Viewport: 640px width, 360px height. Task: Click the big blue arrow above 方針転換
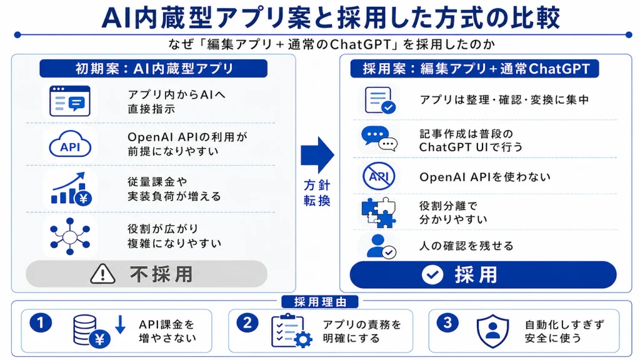tap(317, 156)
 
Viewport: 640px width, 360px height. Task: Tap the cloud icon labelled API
tap(70, 144)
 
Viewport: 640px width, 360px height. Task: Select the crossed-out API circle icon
tap(379, 176)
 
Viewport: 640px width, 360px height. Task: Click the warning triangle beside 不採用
tap(102, 274)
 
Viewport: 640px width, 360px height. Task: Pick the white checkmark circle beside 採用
tap(432, 275)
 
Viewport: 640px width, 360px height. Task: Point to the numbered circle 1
tap(41, 323)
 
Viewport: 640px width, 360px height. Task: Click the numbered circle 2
tap(247, 323)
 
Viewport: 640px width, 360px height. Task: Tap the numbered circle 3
tap(447, 323)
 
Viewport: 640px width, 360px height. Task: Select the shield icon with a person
tap(492, 331)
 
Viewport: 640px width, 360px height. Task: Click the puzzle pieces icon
tap(379, 212)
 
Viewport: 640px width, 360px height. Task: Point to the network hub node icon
tap(70, 236)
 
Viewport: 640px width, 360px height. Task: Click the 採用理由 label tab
tap(320, 302)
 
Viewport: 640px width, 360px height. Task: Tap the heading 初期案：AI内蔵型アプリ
tap(154, 69)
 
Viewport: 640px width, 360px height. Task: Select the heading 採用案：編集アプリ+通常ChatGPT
tap(475, 69)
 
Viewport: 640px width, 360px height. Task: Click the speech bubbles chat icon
tap(379, 139)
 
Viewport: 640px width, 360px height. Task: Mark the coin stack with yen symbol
tap(91, 331)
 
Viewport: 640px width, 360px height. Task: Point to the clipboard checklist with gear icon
tap(291, 331)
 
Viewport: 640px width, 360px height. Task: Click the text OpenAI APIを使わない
tap(485, 177)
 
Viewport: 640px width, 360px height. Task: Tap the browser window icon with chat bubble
tap(70, 101)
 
